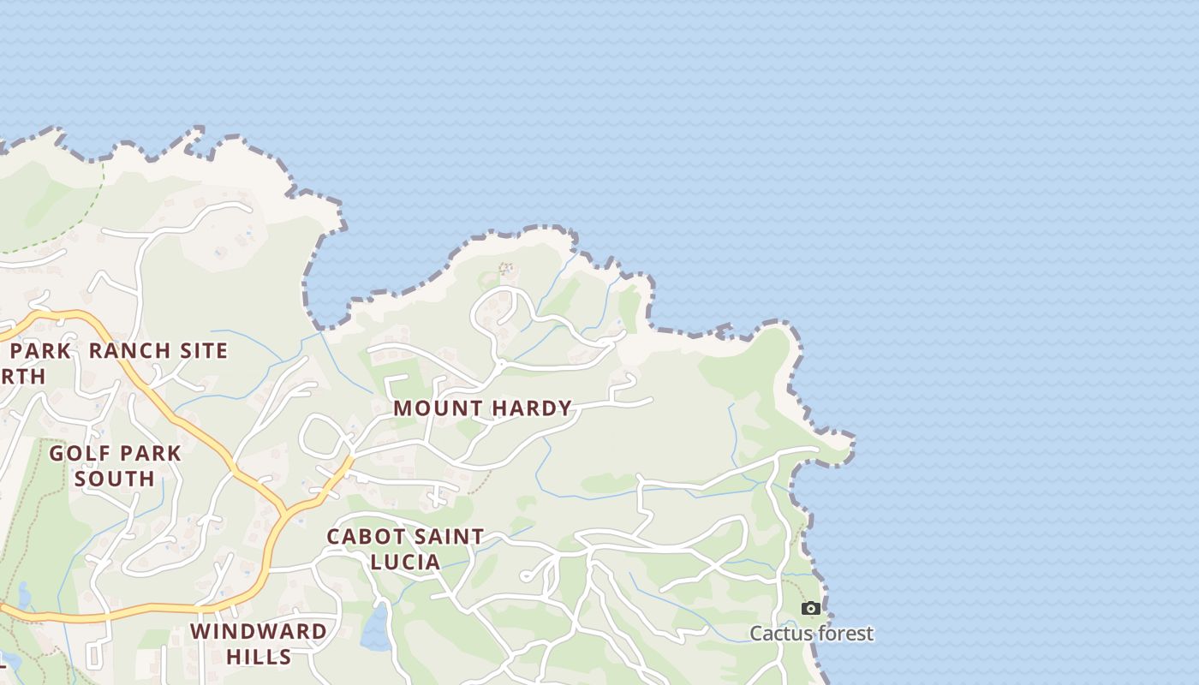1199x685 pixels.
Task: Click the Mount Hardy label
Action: (482, 408)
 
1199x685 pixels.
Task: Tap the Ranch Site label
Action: (158, 351)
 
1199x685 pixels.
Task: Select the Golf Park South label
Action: (115, 465)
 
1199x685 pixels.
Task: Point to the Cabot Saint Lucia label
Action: (406, 549)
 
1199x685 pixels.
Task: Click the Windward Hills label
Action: (258, 644)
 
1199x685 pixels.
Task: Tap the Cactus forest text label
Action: (811, 634)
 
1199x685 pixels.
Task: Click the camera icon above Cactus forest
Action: (810, 609)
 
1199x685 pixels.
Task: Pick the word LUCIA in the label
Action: (406, 562)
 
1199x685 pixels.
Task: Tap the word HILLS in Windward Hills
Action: (259, 657)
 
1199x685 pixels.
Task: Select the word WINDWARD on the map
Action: (258, 632)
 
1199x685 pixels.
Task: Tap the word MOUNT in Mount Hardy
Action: (434, 408)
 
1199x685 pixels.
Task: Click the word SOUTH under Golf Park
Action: (115, 478)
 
